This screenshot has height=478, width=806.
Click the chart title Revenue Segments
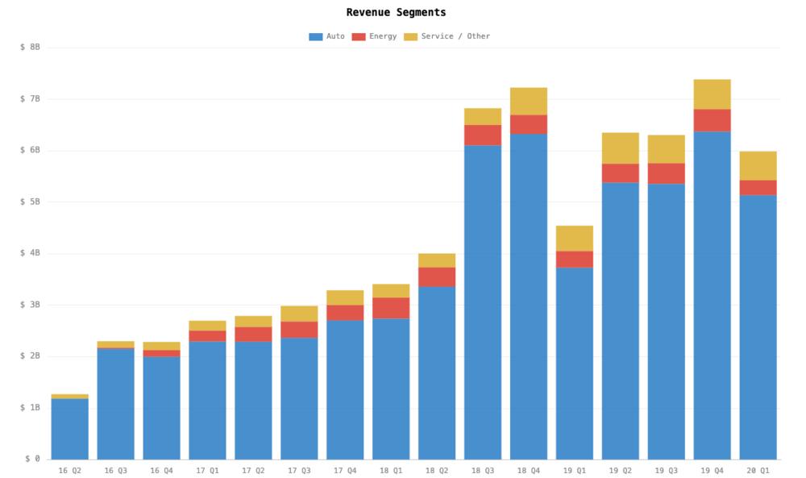396,13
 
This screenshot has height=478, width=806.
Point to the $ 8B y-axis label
30,48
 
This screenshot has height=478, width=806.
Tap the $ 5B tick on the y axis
30,202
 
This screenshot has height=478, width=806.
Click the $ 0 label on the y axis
32,459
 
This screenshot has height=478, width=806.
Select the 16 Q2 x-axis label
70,470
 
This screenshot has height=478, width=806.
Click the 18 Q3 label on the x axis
483,470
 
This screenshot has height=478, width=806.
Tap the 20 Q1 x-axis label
758,470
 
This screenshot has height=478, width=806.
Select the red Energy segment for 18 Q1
391,308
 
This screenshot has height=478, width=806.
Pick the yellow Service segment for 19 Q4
713,94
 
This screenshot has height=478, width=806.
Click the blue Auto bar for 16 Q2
70,429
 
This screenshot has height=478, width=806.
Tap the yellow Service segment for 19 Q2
621,148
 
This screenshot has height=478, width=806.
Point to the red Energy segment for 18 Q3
483,135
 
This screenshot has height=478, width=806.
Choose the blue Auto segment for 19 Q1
575,363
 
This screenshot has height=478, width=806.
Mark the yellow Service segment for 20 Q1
758,166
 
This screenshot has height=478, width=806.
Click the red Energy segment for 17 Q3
299,330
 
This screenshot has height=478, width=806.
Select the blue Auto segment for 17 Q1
207,401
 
